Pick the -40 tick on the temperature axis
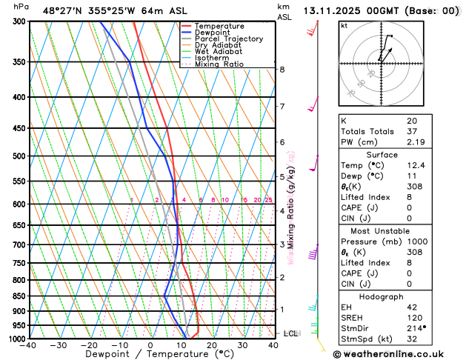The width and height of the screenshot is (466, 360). pos(28,345)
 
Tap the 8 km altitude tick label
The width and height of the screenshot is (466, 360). pos(282,70)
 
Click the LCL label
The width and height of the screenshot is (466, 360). pos(290,333)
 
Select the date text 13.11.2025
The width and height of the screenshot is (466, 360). pos(334,11)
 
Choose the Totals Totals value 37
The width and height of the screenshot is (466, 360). pos(412,131)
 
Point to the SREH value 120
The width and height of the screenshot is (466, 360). pos(413,317)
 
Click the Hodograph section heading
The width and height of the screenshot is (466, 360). pos(382,296)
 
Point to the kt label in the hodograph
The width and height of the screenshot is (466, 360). pos(344,25)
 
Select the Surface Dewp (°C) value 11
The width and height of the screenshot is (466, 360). pos(410,176)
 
